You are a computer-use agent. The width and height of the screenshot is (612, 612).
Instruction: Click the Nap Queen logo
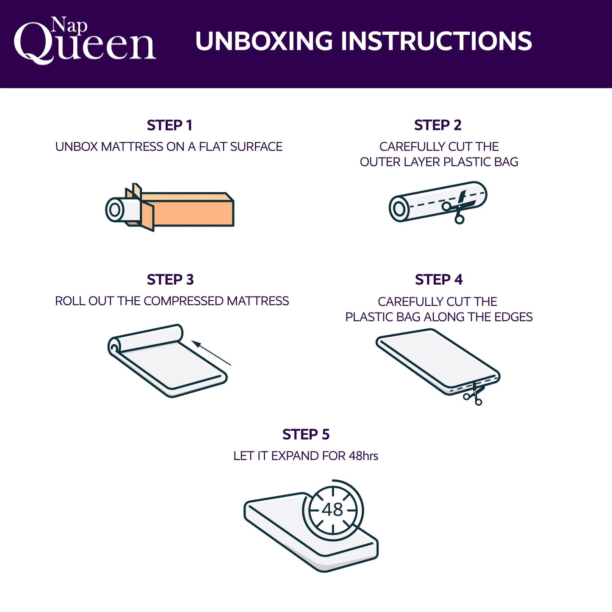coord(85,41)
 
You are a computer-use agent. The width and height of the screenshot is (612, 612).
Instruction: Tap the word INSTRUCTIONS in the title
coord(436,41)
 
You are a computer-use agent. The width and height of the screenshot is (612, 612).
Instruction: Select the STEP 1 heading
coord(169,125)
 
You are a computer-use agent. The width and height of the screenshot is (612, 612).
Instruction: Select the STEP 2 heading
coord(438,125)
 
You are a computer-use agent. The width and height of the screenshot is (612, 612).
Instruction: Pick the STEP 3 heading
coord(170,280)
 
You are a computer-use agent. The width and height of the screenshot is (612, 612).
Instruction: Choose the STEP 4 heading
coord(438,280)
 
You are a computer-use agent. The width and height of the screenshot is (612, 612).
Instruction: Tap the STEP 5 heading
coord(306,435)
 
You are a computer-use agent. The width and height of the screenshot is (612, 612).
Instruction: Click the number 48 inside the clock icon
coord(332,510)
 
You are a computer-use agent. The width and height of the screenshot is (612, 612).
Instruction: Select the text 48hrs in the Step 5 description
coord(363,456)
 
